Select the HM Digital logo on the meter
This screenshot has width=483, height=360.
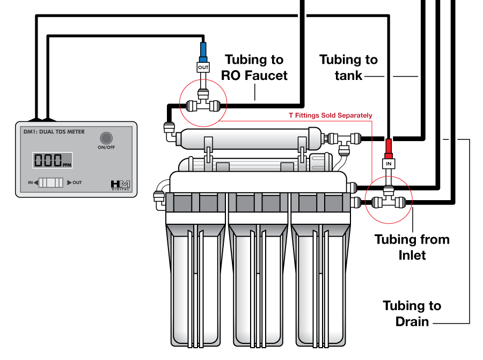pyautogui.click(x=120, y=184)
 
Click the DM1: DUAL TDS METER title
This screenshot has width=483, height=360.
pyautogui.click(x=54, y=131)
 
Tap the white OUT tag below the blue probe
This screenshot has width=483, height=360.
pyautogui.click(x=203, y=68)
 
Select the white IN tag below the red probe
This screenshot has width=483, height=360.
pyautogui.click(x=389, y=163)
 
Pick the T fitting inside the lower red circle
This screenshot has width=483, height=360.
pyautogui.click(x=389, y=201)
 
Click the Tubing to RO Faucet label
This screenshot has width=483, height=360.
pyautogui.click(x=254, y=67)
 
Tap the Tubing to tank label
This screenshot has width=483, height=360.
pyautogui.click(x=348, y=67)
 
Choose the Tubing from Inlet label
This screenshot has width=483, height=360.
pyautogui.click(x=412, y=247)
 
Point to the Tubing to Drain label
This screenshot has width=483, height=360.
pyautogui.click(x=412, y=313)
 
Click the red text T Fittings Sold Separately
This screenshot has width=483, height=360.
pyautogui.click(x=330, y=115)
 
